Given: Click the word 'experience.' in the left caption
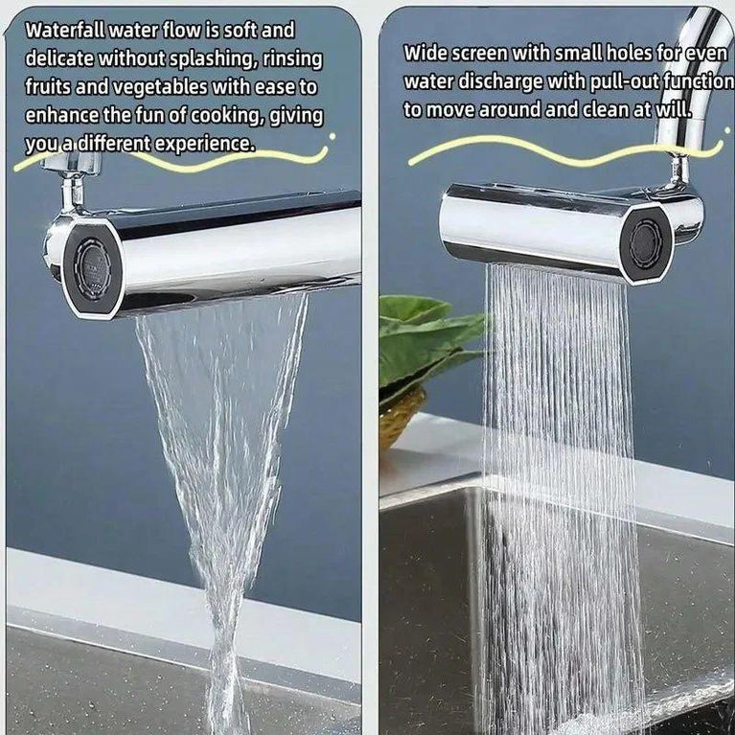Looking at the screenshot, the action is pyautogui.click(x=204, y=144).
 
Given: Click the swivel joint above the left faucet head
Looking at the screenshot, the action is pyautogui.click(x=74, y=193).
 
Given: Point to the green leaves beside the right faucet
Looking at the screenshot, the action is pyautogui.click(x=426, y=340).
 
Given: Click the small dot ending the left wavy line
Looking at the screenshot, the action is pyautogui.click(x=333, y=136).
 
